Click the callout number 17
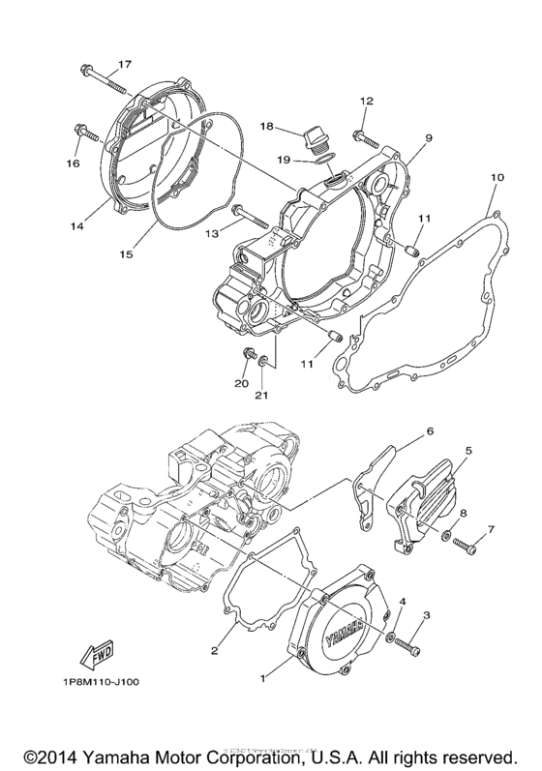pos(124,65)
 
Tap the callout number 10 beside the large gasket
pos(497,178)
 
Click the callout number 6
pos(430,431)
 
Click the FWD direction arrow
pos(98,659)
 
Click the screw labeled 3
pos(413,643)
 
